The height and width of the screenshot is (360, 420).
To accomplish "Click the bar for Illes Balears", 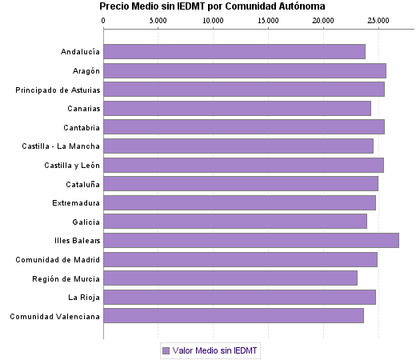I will tap(251, 240).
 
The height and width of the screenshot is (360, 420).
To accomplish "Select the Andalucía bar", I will tap(234, 52).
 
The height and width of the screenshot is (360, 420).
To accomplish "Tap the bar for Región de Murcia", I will tap(230, 278).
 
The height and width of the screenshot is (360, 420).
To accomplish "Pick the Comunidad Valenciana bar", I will tap(234, 316).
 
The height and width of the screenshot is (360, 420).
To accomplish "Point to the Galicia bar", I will tap(235, 222).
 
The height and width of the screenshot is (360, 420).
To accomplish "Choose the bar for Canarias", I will tap(237, 108).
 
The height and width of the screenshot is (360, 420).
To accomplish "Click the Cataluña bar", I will tap(241, 184).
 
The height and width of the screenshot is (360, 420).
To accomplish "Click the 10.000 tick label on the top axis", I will tap(213, 19).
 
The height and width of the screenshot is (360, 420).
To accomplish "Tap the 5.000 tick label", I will tap(158, 19).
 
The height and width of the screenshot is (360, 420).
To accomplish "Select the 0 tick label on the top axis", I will tap(104, 19).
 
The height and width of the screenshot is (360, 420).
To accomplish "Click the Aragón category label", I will tap(84, 71).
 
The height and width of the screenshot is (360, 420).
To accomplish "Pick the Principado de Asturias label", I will tap(58, 90).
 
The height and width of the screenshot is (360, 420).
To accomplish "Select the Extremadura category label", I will tap(76, 203).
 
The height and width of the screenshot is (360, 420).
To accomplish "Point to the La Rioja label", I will tap(84, 298).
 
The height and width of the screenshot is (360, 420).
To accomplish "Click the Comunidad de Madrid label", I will tap(58, 260).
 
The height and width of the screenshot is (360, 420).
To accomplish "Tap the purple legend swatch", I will tap(166, 350).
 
